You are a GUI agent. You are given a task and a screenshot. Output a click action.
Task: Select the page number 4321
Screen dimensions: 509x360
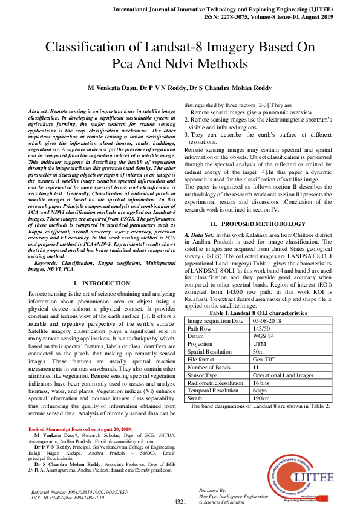coord(180,502)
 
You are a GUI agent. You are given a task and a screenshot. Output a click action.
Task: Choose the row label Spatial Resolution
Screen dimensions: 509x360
coord(210,351)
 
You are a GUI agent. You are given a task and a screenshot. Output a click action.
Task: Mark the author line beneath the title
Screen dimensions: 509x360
coord(180,88)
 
